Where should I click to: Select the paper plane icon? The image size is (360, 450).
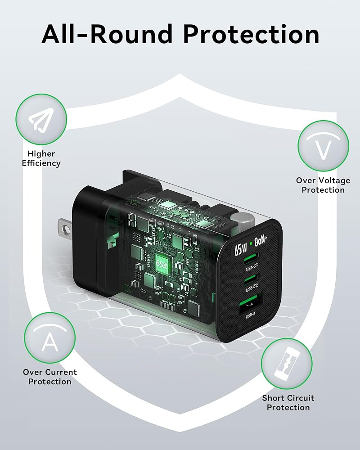(40, 120)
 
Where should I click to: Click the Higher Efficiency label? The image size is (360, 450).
(41, 158)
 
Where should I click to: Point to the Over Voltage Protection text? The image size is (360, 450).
(323, 185)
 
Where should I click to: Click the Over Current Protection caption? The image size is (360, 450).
(49, 377)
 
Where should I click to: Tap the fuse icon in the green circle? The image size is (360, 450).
(287, 363)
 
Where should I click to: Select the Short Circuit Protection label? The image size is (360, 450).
(288, 402)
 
